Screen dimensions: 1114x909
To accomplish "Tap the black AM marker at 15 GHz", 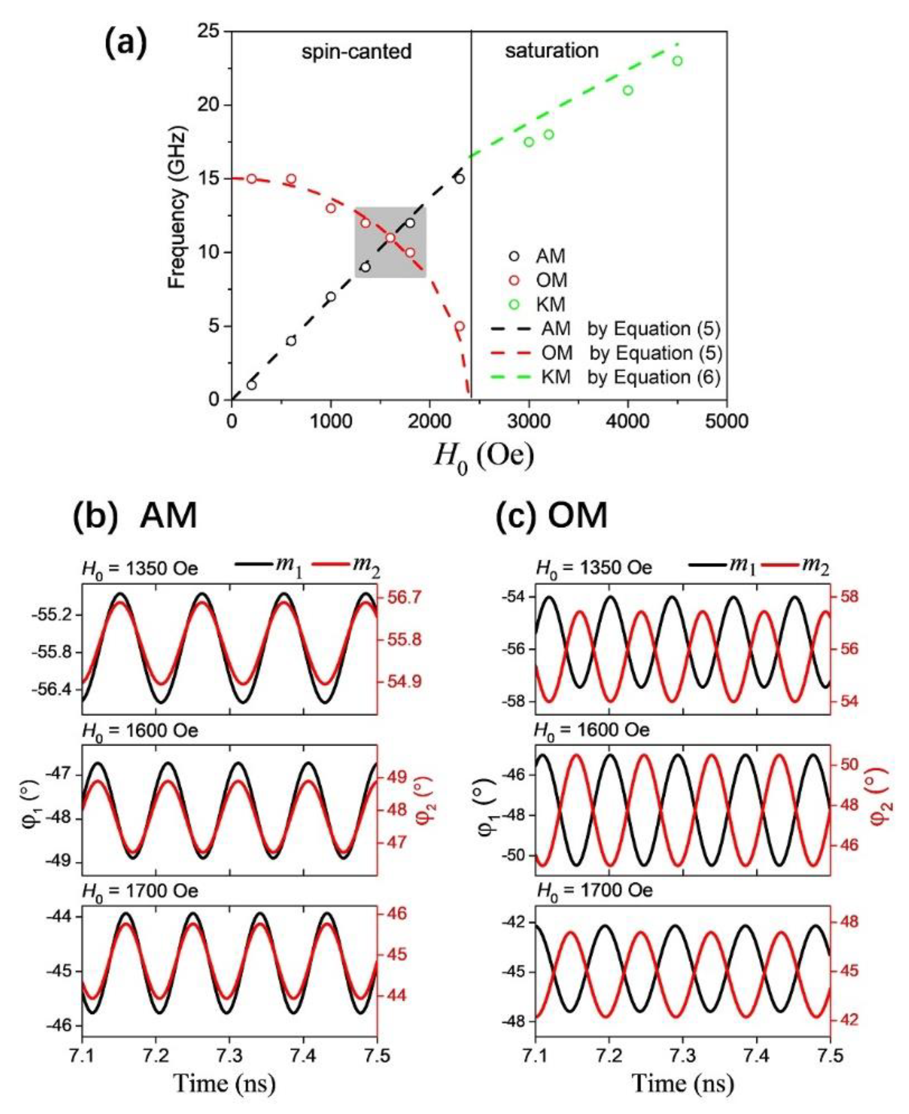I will (459, 178).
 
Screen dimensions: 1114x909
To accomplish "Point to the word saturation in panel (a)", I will (551, 51).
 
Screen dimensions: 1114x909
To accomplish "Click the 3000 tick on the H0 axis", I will (529, 422).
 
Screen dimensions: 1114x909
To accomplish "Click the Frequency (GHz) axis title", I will (178, 210).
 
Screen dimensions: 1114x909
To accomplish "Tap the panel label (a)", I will (125, 45).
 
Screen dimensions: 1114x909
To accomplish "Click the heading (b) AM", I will (135, 515).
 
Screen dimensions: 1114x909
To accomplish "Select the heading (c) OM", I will (551, 515).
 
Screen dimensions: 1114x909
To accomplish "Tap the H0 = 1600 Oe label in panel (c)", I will (592, 730).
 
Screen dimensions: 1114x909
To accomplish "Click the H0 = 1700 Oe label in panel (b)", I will (140, 891).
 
